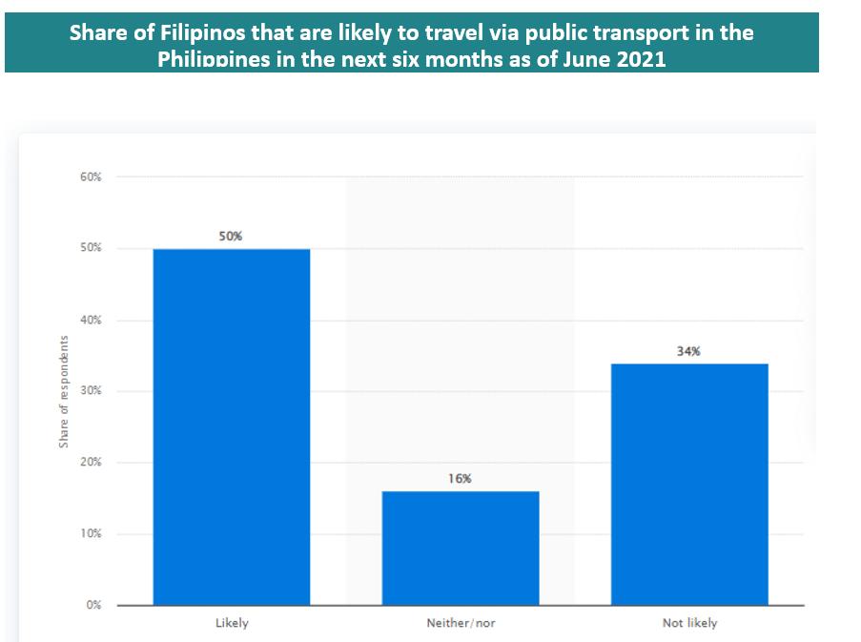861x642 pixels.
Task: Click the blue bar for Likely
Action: point(232,426)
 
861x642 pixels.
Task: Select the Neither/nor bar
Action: point(461,548)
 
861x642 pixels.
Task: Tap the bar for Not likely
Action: point(688,484)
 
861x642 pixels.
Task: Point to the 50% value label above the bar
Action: point(231,236)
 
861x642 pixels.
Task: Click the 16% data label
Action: point(460,479)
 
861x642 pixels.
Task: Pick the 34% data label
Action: point(688,351)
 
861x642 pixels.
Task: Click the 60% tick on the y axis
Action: point(91,177)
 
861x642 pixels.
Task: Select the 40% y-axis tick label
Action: point(91,321)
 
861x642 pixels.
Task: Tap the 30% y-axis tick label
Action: point(91,391)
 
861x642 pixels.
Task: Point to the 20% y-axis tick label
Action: point(91,463)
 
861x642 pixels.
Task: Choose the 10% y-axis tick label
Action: point(91,534)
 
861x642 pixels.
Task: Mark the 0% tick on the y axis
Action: point(94,606)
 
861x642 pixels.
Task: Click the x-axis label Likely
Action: point(232,624)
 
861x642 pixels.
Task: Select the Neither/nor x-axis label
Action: point(461,624)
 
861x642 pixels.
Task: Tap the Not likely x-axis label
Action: point(689,624)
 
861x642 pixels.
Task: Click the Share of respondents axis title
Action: point(64,392)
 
